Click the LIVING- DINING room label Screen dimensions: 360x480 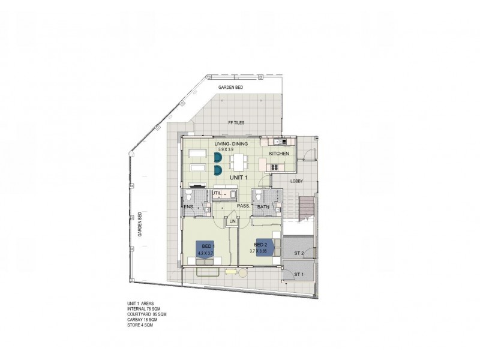pos(231,144)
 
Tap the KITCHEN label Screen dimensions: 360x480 pos(279,154)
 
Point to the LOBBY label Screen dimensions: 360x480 pos(296,181)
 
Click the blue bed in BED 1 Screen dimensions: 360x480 pos(206,248)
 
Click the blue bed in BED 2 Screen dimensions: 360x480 pos(266,247)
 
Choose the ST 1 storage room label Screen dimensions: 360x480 pos(298,275)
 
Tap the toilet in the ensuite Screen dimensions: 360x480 pos(189,197)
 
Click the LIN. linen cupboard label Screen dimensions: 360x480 pos(233,222)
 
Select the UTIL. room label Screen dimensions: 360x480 pos(217,193)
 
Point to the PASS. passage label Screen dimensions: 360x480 pos(243,205)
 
